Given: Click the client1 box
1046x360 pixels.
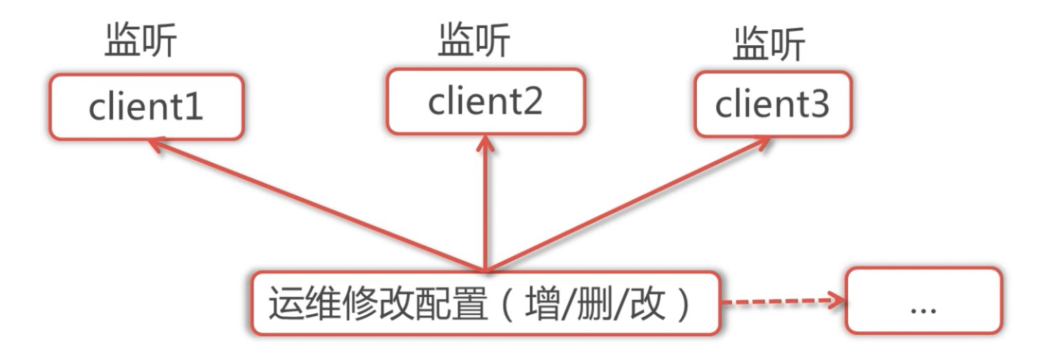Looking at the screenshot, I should [145, 107].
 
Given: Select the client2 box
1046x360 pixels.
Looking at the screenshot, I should [485, 101].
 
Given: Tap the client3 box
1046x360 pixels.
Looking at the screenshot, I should [772, 105].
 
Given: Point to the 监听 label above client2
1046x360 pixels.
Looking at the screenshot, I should [474, 42].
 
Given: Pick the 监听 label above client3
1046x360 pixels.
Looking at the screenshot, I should [769, 46].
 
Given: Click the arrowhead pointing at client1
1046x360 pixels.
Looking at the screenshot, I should [156, 144].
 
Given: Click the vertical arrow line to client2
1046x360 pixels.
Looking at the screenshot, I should [485, 205].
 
